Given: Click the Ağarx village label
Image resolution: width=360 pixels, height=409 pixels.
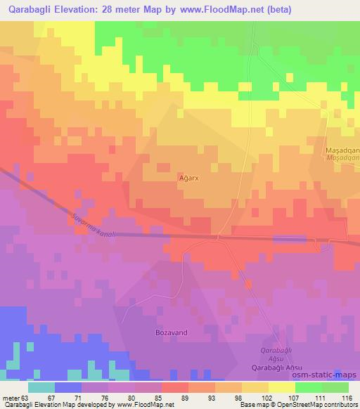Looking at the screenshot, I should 188,178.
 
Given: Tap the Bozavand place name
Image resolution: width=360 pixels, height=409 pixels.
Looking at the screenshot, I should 171,332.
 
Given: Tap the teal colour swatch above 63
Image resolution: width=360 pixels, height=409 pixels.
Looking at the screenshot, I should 41,387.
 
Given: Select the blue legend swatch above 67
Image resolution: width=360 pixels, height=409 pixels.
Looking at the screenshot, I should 68,387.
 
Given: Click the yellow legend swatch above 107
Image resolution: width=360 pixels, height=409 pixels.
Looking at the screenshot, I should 281,387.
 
